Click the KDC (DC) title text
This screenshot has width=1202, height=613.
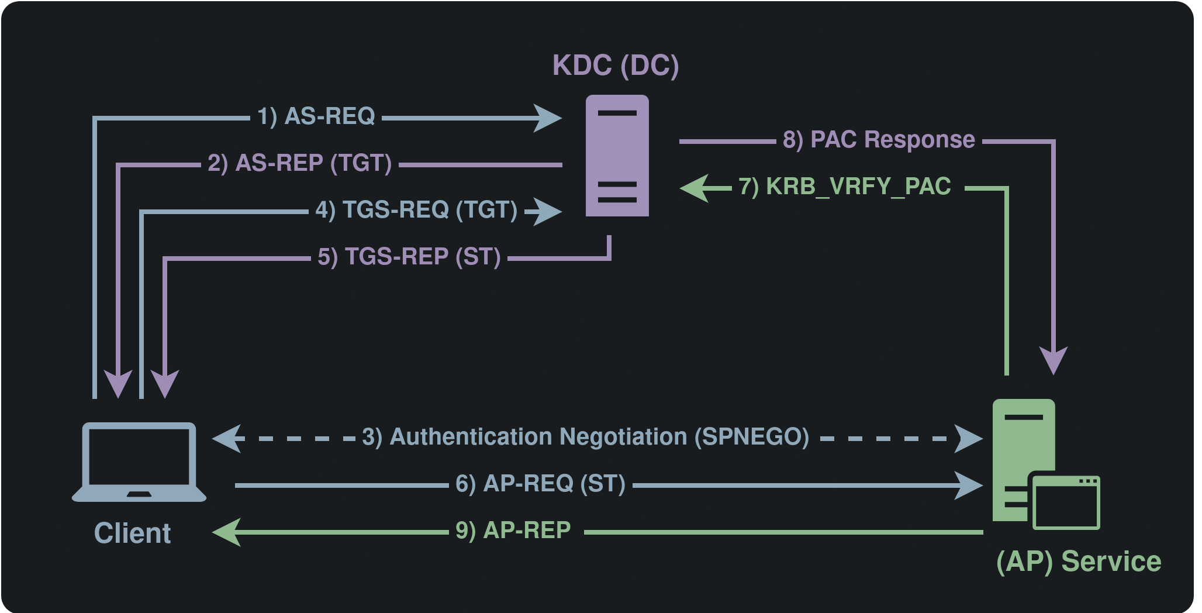click(x=616, y=66)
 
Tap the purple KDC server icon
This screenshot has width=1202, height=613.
click(x=617, y=156)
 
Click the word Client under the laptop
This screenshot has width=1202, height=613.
click(x=132, y=533)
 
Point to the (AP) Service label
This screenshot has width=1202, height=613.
click(x=1078, y=562)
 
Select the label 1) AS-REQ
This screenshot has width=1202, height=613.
click(x=316, y=116)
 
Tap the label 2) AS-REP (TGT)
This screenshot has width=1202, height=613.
click(x=299, y=163)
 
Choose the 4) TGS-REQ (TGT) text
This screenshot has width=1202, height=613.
click(x=416, y=210)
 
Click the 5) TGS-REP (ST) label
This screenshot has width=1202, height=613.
click(x=409, y=257)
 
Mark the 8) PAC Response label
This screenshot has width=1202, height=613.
click(x=879, y=140)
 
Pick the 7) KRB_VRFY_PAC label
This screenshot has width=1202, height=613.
click(x=845, y=187)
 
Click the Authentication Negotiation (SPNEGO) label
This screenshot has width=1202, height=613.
click(x=585, y=437)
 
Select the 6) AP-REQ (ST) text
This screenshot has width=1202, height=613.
click(x=540, y=484)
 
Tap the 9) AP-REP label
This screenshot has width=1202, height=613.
click(x=513, y=531)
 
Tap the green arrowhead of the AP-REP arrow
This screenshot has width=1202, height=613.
click(x=227, y=532)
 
